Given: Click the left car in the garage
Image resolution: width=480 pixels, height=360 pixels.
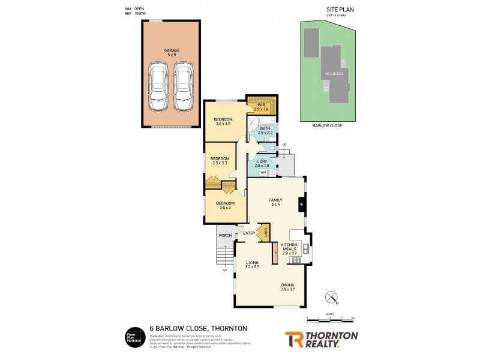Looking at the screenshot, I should [159, 88].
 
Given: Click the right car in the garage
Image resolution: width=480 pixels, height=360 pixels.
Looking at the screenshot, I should [183, 88].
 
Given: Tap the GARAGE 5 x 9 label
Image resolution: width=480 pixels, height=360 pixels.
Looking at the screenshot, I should [171, 52].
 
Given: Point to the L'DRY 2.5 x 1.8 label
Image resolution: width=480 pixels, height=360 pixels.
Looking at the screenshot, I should [262, 163].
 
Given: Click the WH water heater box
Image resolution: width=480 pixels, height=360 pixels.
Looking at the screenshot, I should [263, 173].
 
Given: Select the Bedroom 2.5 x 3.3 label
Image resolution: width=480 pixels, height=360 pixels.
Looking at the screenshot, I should [220, 161].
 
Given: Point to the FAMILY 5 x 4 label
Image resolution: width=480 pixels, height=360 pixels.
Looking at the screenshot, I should [275, 202].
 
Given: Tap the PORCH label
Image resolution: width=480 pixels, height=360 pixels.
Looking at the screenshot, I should [225, 235].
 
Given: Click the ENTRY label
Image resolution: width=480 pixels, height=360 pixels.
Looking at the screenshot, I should [250, 233].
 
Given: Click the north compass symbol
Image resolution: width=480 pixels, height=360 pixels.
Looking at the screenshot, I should [331, 296].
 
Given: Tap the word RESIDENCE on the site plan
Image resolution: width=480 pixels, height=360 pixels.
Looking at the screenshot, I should [334, 74].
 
